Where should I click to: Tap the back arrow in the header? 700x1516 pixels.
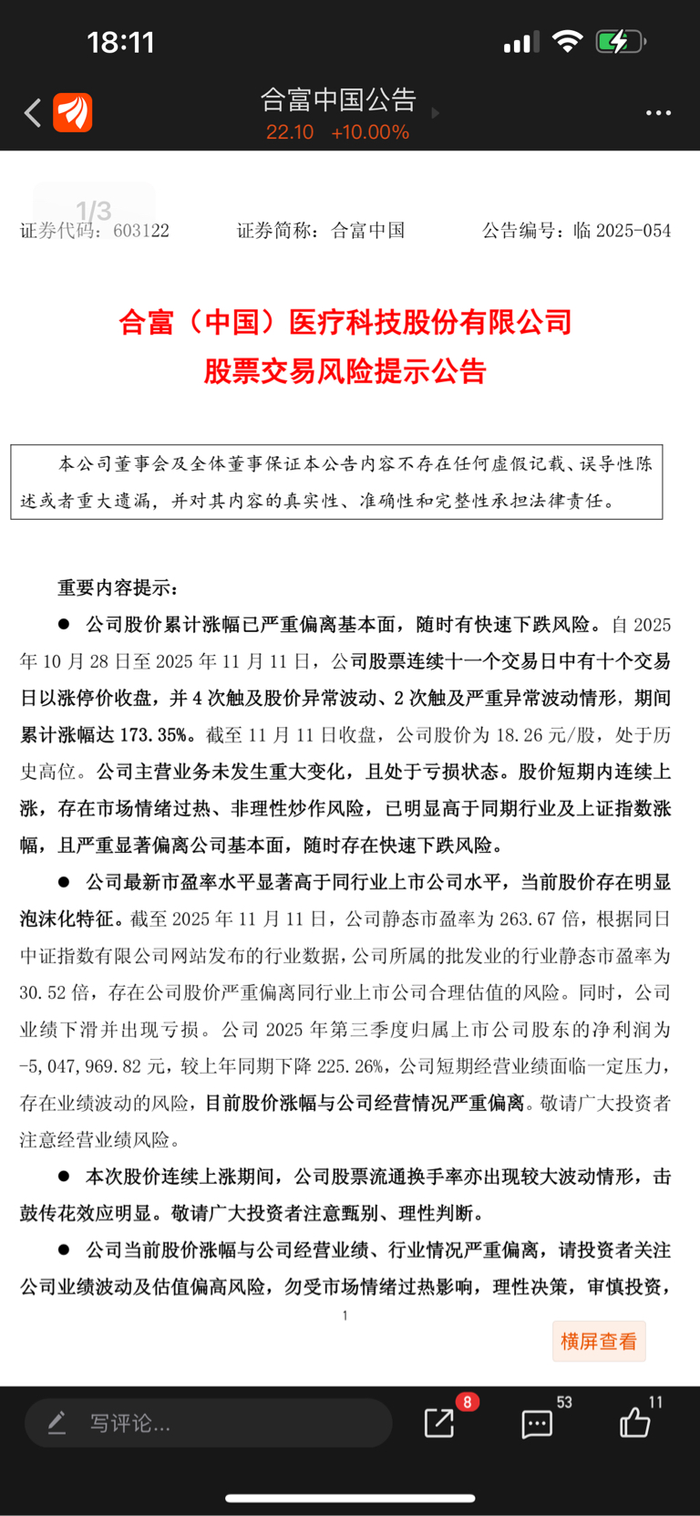33,113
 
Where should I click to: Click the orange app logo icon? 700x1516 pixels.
72,113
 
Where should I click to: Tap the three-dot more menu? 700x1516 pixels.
658,113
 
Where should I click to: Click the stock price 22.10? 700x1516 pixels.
290,132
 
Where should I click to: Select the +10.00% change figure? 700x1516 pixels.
370,132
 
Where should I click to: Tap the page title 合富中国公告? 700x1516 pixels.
338,99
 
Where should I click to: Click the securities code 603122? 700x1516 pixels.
141,231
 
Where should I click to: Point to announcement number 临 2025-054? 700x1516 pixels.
623,231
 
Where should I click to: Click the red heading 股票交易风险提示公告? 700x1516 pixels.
345,371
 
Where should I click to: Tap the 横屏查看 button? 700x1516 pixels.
599,1341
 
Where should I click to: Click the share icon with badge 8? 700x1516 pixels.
439,1423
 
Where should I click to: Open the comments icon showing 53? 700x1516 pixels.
537,1424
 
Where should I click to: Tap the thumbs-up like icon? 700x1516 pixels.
634,1423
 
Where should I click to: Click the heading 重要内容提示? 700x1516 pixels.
118,587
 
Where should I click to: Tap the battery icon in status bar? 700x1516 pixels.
620,42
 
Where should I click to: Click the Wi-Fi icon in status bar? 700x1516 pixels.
568,41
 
